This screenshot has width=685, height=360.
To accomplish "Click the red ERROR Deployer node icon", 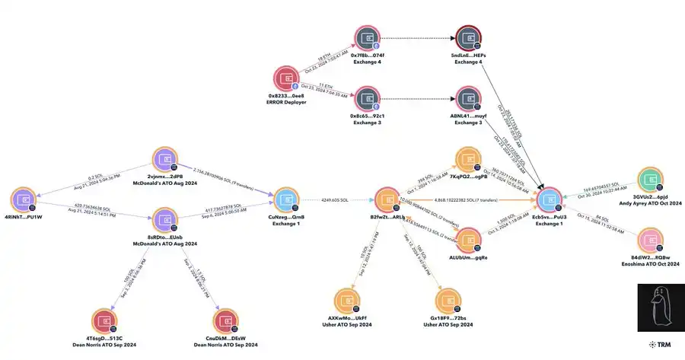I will [x=287, y=80].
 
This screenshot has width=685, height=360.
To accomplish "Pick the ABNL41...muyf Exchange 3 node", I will [x=467, y=99].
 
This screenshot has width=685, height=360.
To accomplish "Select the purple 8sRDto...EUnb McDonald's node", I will [x=165, y=221].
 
